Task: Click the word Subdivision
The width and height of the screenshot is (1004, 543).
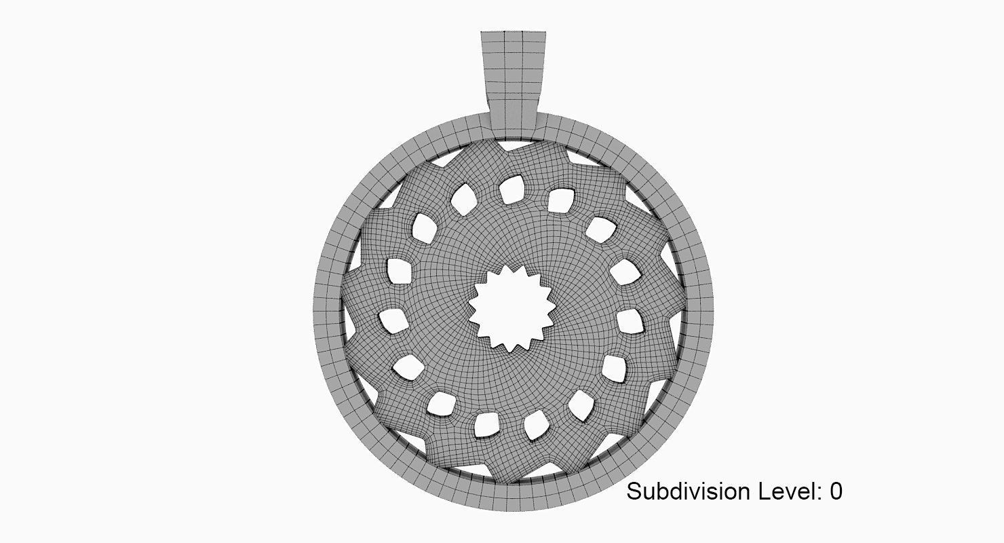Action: click(x=688, y=491)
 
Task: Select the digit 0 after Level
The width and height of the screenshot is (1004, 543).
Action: click(x=835, y=491)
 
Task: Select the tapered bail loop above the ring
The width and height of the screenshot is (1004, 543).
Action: click(x=513, y=81)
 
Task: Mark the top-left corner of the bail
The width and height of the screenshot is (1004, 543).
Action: click(x=482, y=32)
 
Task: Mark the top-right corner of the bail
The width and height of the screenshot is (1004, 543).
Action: click(x=545, y=32)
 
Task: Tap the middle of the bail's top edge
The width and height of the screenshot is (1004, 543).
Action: click(x=514, y=32)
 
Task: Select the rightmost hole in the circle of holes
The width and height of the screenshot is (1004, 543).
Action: click(x=630, y=321)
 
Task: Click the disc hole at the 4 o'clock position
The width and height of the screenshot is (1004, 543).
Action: click(x=614, y=368)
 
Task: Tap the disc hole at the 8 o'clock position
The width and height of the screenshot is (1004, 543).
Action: click(x=408, y=367)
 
